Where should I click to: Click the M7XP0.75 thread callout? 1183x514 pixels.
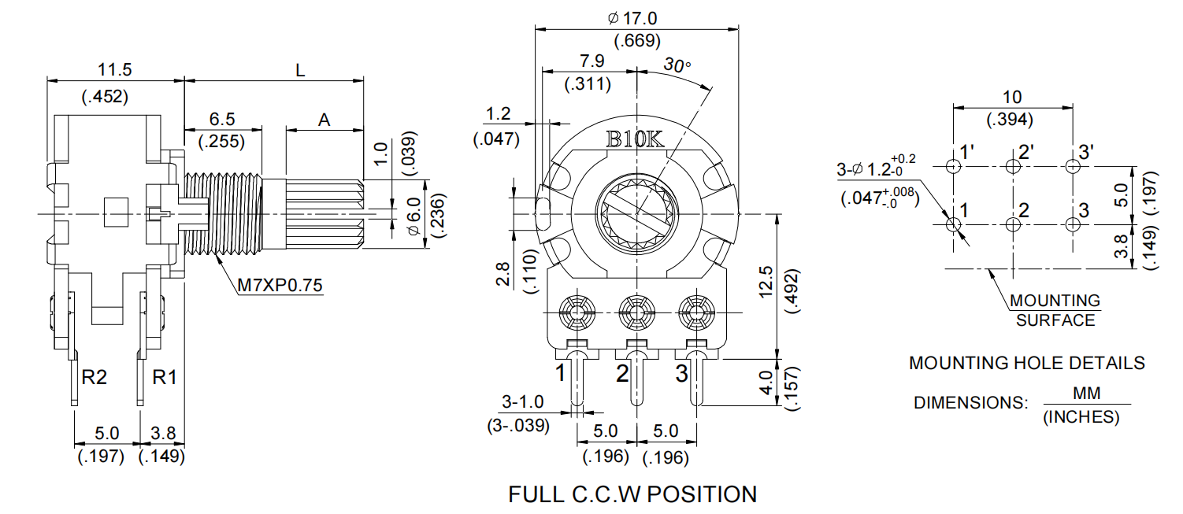click(x=280, y=285)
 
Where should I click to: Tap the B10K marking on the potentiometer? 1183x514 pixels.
click(x=635, y=139)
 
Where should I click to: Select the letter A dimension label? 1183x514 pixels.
click(x=324, y=120)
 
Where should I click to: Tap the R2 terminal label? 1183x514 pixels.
click(x=95, y=377)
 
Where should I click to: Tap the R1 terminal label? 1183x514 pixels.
click(x=164, y=377)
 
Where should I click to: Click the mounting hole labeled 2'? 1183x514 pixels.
click(x=1012, y=166)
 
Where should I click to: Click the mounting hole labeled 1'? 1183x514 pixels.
click(x=953, y=166)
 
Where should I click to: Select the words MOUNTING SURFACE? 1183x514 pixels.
click(x=1055, y=310)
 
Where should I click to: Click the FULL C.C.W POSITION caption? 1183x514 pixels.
click(x=632, y=494)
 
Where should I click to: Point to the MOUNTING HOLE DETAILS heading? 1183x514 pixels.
click(x=1026, y=363)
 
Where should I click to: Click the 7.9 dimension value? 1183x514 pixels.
click(x=592, y=61)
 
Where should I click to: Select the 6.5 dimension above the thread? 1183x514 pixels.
click(x=221, y=119)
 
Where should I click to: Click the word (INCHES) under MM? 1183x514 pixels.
click(x=1081, y=417)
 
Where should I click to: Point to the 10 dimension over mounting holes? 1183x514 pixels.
click(x=1012, y=97)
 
